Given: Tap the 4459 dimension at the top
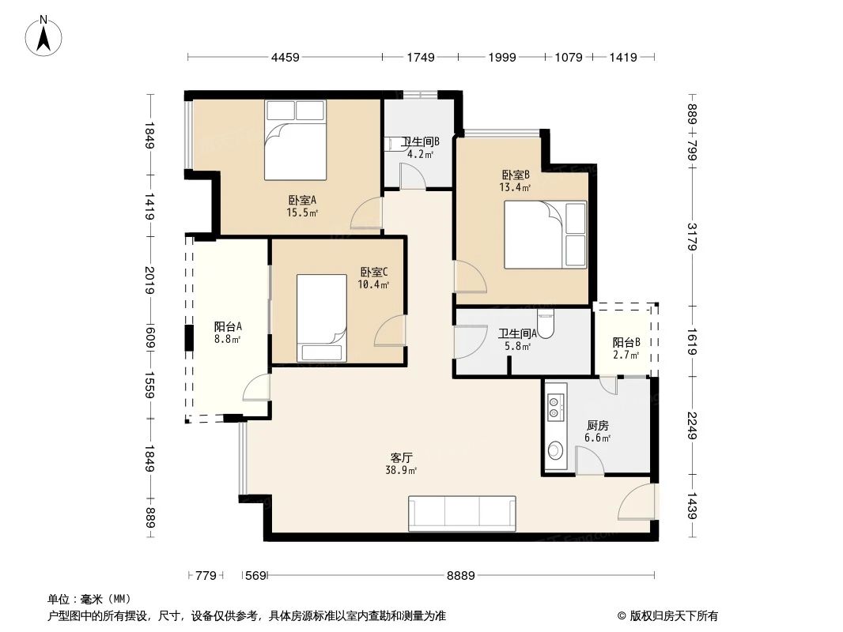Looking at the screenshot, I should click(x=285, y=57).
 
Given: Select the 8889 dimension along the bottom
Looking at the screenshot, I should click(x=460, y=576).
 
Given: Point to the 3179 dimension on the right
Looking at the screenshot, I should click(x=692, y=237).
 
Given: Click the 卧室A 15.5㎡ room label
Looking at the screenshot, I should click(x=302, y=205).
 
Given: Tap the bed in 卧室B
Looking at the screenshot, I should click(x=546, y=235).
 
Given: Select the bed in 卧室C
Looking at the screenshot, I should click(x=321, y=318).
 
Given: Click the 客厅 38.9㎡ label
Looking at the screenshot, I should click(x=403, y=463).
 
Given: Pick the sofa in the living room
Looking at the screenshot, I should click(x=462, y=513).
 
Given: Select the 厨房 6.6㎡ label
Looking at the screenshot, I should click(x=597, y=431).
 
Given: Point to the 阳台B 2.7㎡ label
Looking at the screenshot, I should click(x=625, y=348).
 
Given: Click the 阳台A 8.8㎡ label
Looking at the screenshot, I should click(x=228, y=333).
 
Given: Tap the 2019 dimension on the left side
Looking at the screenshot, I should click(x=149, y=280).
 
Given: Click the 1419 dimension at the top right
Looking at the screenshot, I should click(x=623, y=57).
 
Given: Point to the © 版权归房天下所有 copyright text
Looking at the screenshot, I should click(x=667, y=615).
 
